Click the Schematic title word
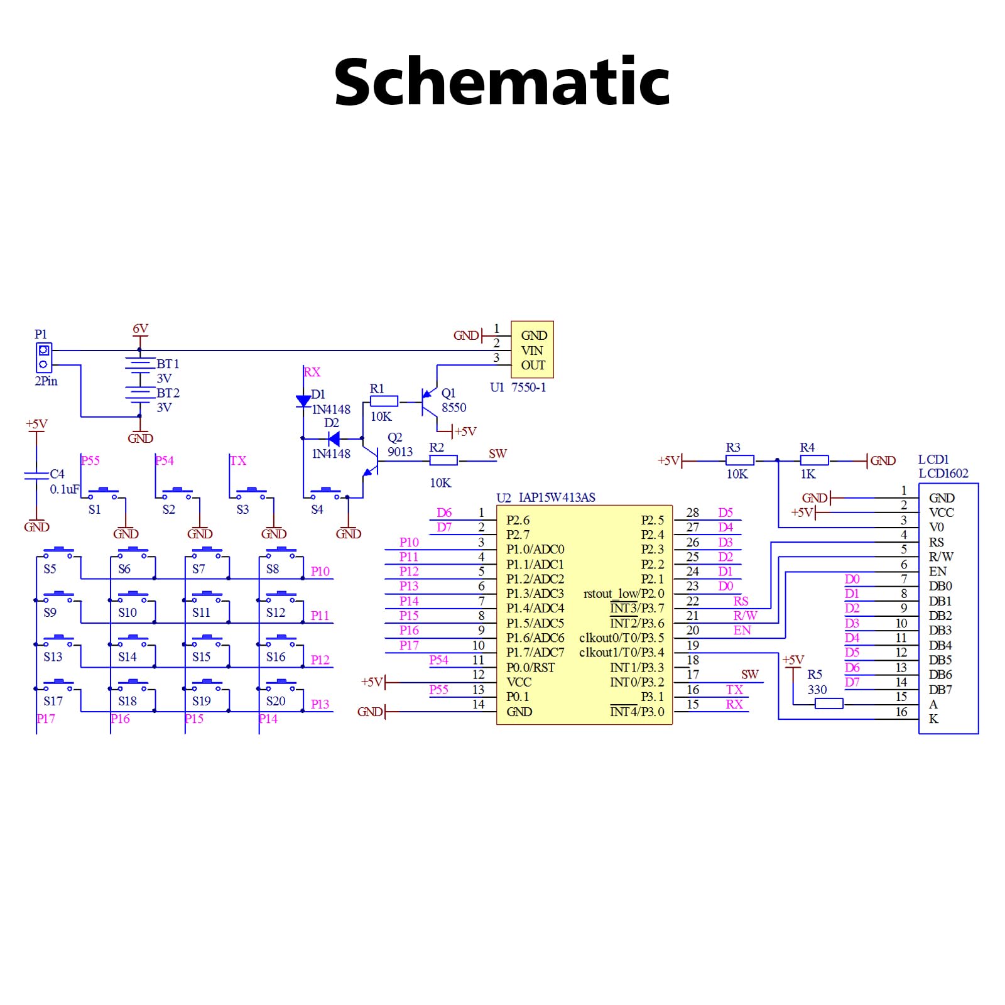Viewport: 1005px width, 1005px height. (x=502, y=82)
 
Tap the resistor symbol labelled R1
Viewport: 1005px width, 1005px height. (x=384, y=401)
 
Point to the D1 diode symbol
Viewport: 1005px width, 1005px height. (x=303, y=401)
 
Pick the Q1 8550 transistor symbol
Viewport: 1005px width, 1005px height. (x=430, y=401)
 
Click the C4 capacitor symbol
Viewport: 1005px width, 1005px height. (x=36, y=474)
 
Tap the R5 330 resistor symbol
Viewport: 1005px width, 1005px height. (x=828, y=704)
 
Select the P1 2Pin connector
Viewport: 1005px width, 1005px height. (x=43, y=357)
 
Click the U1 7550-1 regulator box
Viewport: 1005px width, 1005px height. (x=532, y=349)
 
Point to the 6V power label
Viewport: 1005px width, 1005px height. (x=140, y=329)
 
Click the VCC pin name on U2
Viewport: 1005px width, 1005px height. (x=519, y=682)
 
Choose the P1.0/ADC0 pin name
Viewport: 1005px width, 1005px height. (x=535, y=550)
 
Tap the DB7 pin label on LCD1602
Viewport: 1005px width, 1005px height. (x=940, y=690)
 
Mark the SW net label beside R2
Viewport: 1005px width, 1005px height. (x=497, y=454)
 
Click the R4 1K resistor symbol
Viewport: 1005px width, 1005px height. (x=815, y=460)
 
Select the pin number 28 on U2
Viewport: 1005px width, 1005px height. (x=692, y=513)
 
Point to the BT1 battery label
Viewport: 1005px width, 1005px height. (x=168, y=364)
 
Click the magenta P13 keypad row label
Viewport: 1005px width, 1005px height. (x=320, y=704)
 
